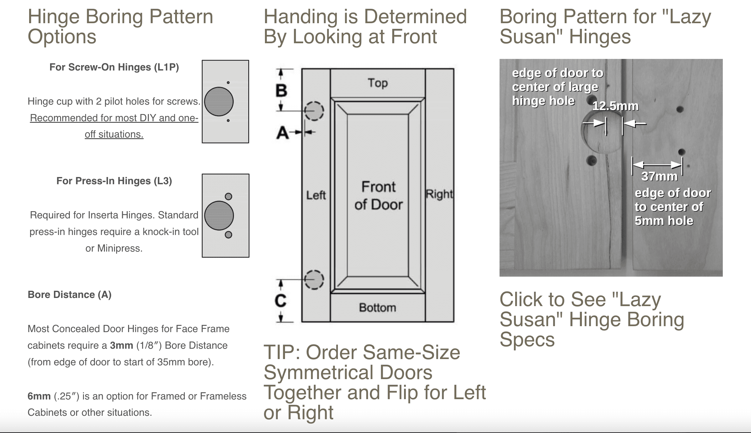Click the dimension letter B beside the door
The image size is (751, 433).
coord(281,91)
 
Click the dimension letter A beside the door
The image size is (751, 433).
coord(282,133)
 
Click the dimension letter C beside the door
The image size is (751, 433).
coord(281,300)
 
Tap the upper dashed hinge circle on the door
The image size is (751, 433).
coord(314,111)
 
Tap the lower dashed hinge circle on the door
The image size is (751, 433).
coord(314,279)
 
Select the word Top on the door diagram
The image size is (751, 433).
coord(378,83)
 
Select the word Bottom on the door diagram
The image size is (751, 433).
coord(377,308)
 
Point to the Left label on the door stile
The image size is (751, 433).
coord(316,195)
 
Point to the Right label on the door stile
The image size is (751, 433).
coord(439,194)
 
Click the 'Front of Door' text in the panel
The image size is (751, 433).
coord(378,196)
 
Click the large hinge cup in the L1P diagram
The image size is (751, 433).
coord(219,102)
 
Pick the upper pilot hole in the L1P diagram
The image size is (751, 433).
coord(228,83)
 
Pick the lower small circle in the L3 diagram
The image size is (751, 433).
coord(229,235)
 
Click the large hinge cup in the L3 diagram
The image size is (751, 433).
coord(219,216)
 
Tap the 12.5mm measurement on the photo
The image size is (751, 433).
coord(615,106)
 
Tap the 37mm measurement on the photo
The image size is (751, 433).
coord(659,177)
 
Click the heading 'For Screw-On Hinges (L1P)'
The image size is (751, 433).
coord(114,67)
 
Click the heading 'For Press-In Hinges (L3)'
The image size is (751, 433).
coord(114,181)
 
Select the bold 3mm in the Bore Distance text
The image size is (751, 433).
coord(122,346)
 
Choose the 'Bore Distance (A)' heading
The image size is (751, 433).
coord(70,295)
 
